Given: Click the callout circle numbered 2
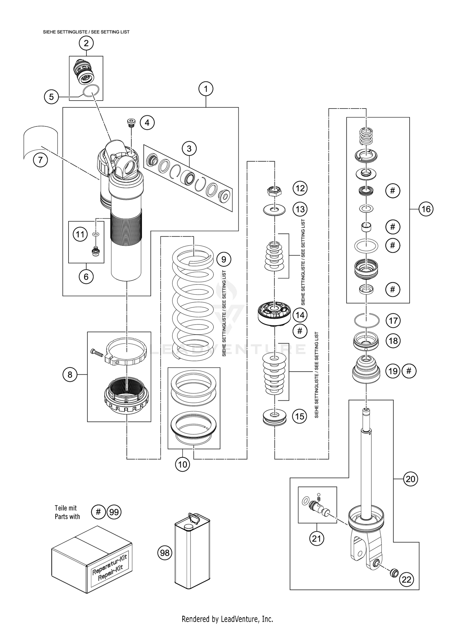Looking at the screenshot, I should click(86, 43).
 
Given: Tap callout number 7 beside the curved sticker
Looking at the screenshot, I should click(40, 159).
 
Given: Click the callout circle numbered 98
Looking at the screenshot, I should click(165, 553).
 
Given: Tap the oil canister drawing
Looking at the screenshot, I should click(192, 552).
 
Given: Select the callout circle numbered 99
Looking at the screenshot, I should click(114, 512).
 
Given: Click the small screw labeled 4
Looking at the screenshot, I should click(131, 122).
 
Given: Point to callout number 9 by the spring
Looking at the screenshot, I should click(224, 259).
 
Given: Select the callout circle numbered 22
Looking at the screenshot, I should click(406, 580).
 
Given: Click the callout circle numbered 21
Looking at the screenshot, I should click(316, 538).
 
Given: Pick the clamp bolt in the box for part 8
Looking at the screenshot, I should click(97, 352).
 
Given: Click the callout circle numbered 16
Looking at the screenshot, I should click(426, 209).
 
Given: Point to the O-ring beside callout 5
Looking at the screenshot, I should click(91, 90).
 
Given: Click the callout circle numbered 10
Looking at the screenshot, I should click(182, 464).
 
